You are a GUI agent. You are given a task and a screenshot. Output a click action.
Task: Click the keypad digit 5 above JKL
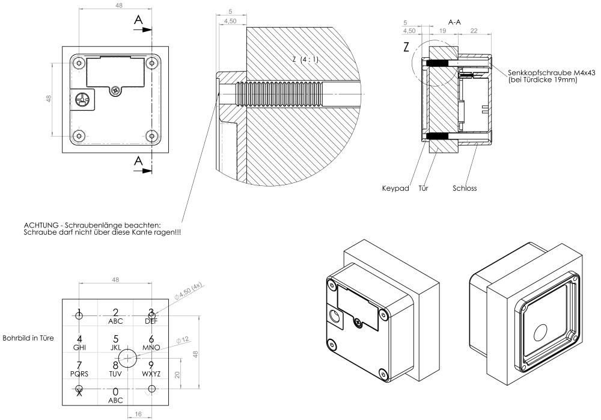115,339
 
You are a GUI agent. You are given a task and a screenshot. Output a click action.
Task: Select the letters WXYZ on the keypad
151,374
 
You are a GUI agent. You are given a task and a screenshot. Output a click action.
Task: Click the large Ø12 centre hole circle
127,359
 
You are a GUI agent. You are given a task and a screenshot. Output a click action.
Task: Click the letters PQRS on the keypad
79,374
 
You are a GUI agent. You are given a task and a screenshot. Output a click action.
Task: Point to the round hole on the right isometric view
540,332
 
